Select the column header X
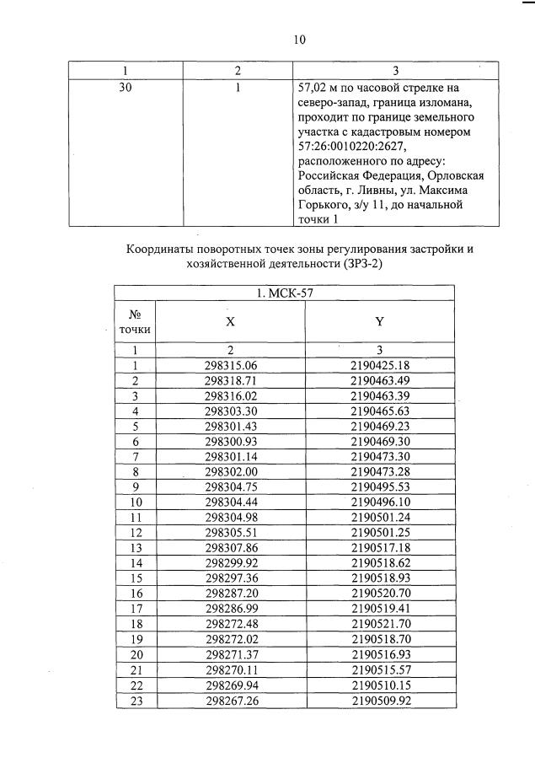click(x=230, y=321)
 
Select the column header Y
click(x=379, y=321)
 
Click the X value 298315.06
click(x=230, y=365)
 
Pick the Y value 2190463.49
click(x=380, y=380)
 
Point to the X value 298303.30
click(x=230, y=411)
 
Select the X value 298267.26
click(x=230, y=699)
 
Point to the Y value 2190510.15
click(x=380, y=684)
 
